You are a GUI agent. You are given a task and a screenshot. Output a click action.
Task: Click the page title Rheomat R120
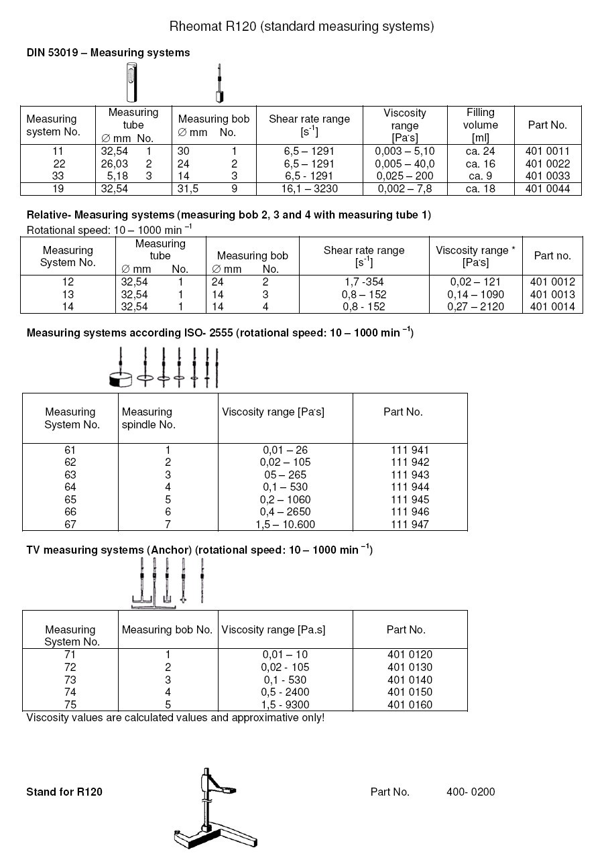coord(302,27)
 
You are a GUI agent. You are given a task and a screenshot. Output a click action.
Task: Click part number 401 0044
coord(548,189)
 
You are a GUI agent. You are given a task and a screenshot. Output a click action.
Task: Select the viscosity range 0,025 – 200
coord(405,176)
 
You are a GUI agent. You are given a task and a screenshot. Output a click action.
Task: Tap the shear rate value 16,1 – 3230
coord(309,189)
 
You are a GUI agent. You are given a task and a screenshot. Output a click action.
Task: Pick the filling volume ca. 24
coord(480,151)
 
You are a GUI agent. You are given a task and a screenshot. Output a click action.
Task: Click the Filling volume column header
coord(480,125)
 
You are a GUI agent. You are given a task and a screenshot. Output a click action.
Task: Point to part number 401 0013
coord(552,294)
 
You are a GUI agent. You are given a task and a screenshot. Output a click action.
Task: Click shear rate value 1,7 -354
coord(363,282)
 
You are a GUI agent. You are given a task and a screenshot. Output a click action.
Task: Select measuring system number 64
coord(70,487)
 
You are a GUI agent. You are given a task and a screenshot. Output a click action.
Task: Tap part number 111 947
coord(410,525)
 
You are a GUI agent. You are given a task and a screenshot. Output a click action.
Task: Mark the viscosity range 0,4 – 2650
coord(285,512)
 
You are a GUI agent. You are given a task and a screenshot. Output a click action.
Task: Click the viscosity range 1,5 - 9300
coord(285,704)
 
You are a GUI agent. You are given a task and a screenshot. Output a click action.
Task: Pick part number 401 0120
coord(410,655)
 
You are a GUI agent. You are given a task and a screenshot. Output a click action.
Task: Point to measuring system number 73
coord(70,680)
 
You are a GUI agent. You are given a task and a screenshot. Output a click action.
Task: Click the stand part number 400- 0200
coord(471,792)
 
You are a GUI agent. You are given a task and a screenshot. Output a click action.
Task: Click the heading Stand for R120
coord(64,792)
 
